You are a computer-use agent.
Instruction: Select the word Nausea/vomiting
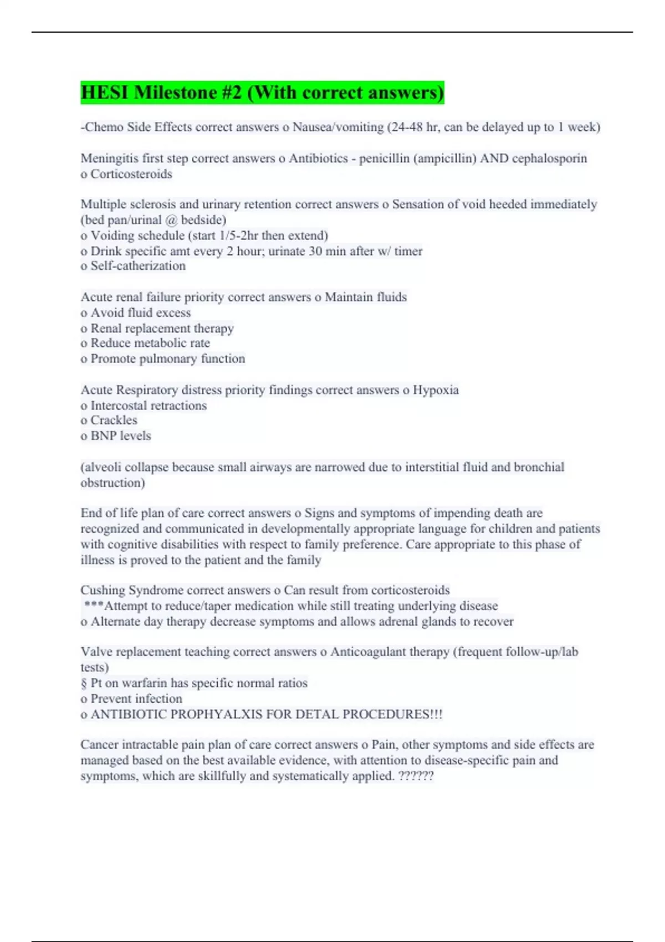coord(337,127)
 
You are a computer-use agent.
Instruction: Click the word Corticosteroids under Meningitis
coord(131,174)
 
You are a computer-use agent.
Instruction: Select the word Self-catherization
coord(138,266)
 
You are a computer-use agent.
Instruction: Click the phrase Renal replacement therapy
coord(162,328)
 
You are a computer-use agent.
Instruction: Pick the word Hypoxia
coord(435,390)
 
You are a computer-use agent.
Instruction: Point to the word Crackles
coord(114,420)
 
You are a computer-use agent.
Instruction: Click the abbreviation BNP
coord(103,436)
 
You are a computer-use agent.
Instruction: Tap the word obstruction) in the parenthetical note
coord(112,483)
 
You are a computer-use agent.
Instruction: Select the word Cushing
coord(103,590)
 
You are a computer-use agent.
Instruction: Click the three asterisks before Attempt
coord(93,605)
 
